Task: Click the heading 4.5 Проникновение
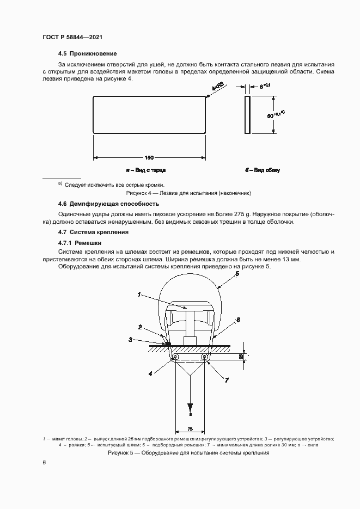[87, 54]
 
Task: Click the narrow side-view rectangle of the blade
[248, 115]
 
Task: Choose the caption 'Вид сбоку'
[263, 170]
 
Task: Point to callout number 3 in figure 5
[130, 339]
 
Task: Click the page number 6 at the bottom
[44, 462]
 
